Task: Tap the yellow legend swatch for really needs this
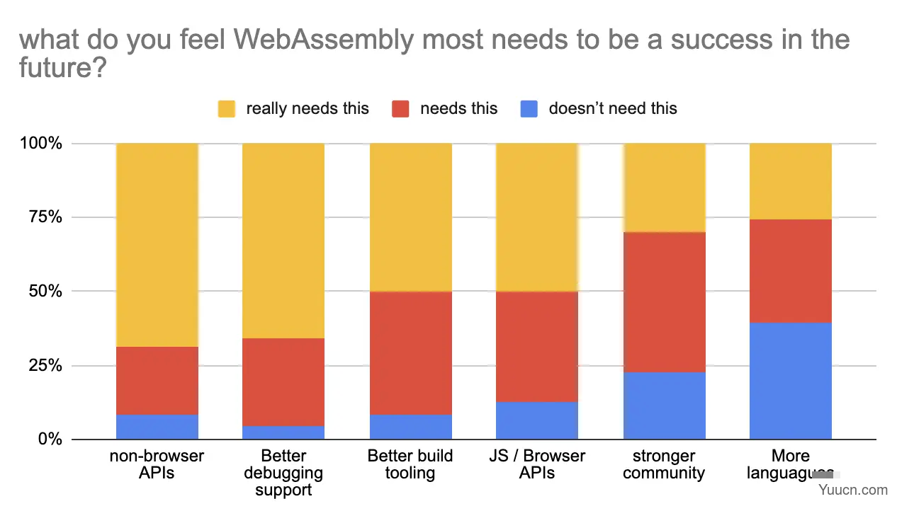tap(227, 109)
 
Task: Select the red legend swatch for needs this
tap(400, 109)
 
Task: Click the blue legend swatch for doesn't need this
tap(529, 109)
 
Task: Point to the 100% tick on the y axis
tap(42, 144)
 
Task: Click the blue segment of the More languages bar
tap(790, 381)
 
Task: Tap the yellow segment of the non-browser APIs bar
tap(157, 245)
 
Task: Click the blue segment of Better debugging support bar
tap(283, 432)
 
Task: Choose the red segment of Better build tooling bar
tap(410, 352)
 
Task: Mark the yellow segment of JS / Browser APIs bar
tap(537, 217)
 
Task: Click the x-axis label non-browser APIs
tap(157, 464)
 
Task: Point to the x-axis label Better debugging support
tap(283, 473)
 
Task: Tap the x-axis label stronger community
tap(664, 464)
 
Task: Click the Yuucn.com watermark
tap(854, 490)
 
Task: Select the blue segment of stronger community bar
tap(664, 406)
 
